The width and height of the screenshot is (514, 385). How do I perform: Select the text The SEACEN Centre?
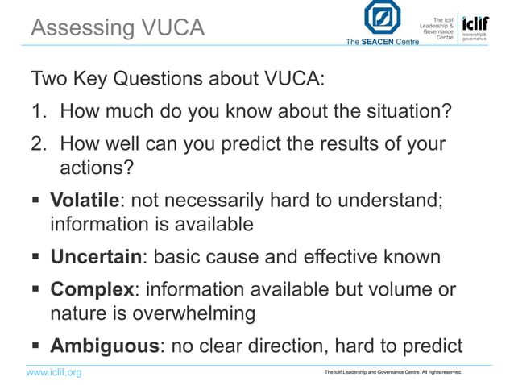click(382, 42)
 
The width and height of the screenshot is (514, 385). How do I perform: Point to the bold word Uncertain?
click(96, 257)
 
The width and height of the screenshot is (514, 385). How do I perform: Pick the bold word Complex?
click(91, 289)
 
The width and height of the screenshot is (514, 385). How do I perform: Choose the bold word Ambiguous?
click(104, 346)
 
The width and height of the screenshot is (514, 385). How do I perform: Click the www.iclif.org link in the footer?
click(55, 372)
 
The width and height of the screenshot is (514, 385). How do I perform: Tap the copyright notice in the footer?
click(392, 372)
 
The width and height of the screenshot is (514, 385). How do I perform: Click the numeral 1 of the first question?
click(37, 110)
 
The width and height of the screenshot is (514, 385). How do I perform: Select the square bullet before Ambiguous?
click(36, 346)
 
